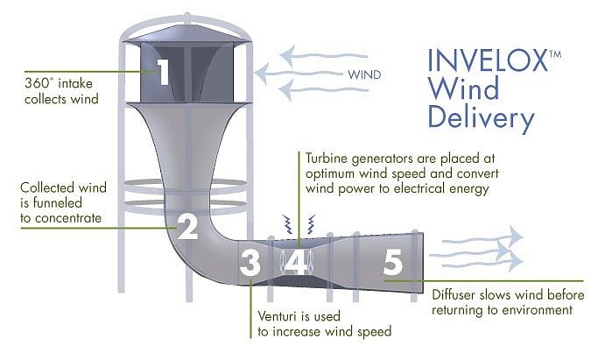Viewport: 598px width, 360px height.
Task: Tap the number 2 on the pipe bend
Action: [x=187, y=226]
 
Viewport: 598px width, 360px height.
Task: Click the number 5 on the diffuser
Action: [x=393, y=262]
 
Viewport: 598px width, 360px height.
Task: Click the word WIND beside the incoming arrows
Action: [x=364, y=74]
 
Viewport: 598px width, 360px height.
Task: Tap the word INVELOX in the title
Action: [x=488, y=60]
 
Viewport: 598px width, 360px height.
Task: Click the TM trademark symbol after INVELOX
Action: [x=555, y=53]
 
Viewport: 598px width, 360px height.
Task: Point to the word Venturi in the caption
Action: [x=278, y=315]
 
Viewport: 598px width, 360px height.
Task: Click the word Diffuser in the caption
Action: [x=454, y=294]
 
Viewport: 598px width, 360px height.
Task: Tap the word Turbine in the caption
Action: [x=327, y=158]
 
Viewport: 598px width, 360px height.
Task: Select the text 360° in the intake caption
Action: [x=37, y=82]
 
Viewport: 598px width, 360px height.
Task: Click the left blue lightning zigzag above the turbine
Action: [x=287, y=224]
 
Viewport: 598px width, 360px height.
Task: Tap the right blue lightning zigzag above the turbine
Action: [x=312, y=224]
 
